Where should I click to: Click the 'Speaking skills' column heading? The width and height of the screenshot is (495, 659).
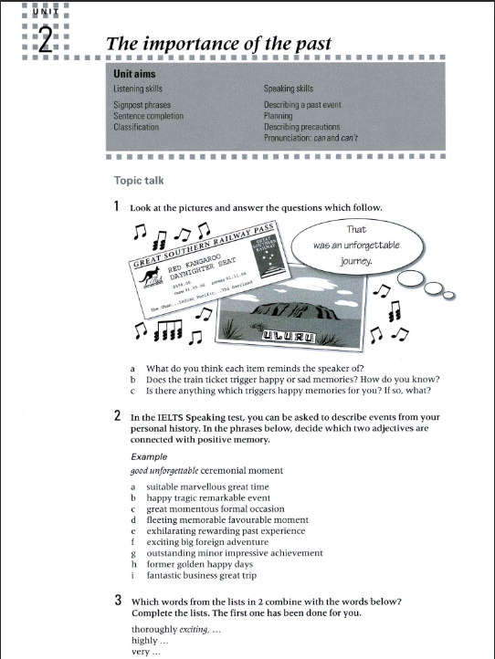(288, 89)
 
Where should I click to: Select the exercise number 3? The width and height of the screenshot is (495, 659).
(119, 601)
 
